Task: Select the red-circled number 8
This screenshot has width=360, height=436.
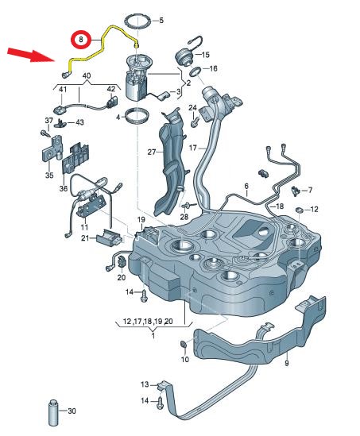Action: (x=80, y=39)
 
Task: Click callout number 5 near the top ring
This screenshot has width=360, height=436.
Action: (x=162, y=20)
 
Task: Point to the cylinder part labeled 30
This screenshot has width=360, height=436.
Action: (x=55, y=411)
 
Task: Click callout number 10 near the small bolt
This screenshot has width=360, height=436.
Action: (x=184, y=360)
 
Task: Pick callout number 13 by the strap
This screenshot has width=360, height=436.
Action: (x=145, y=384)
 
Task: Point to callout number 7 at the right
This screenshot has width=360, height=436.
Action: (x=310, y=190)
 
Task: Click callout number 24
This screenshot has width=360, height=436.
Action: (x=192, y=108)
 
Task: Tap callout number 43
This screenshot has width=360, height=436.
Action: (x=79, y=123)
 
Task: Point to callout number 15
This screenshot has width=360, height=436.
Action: (x=205, y=55)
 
